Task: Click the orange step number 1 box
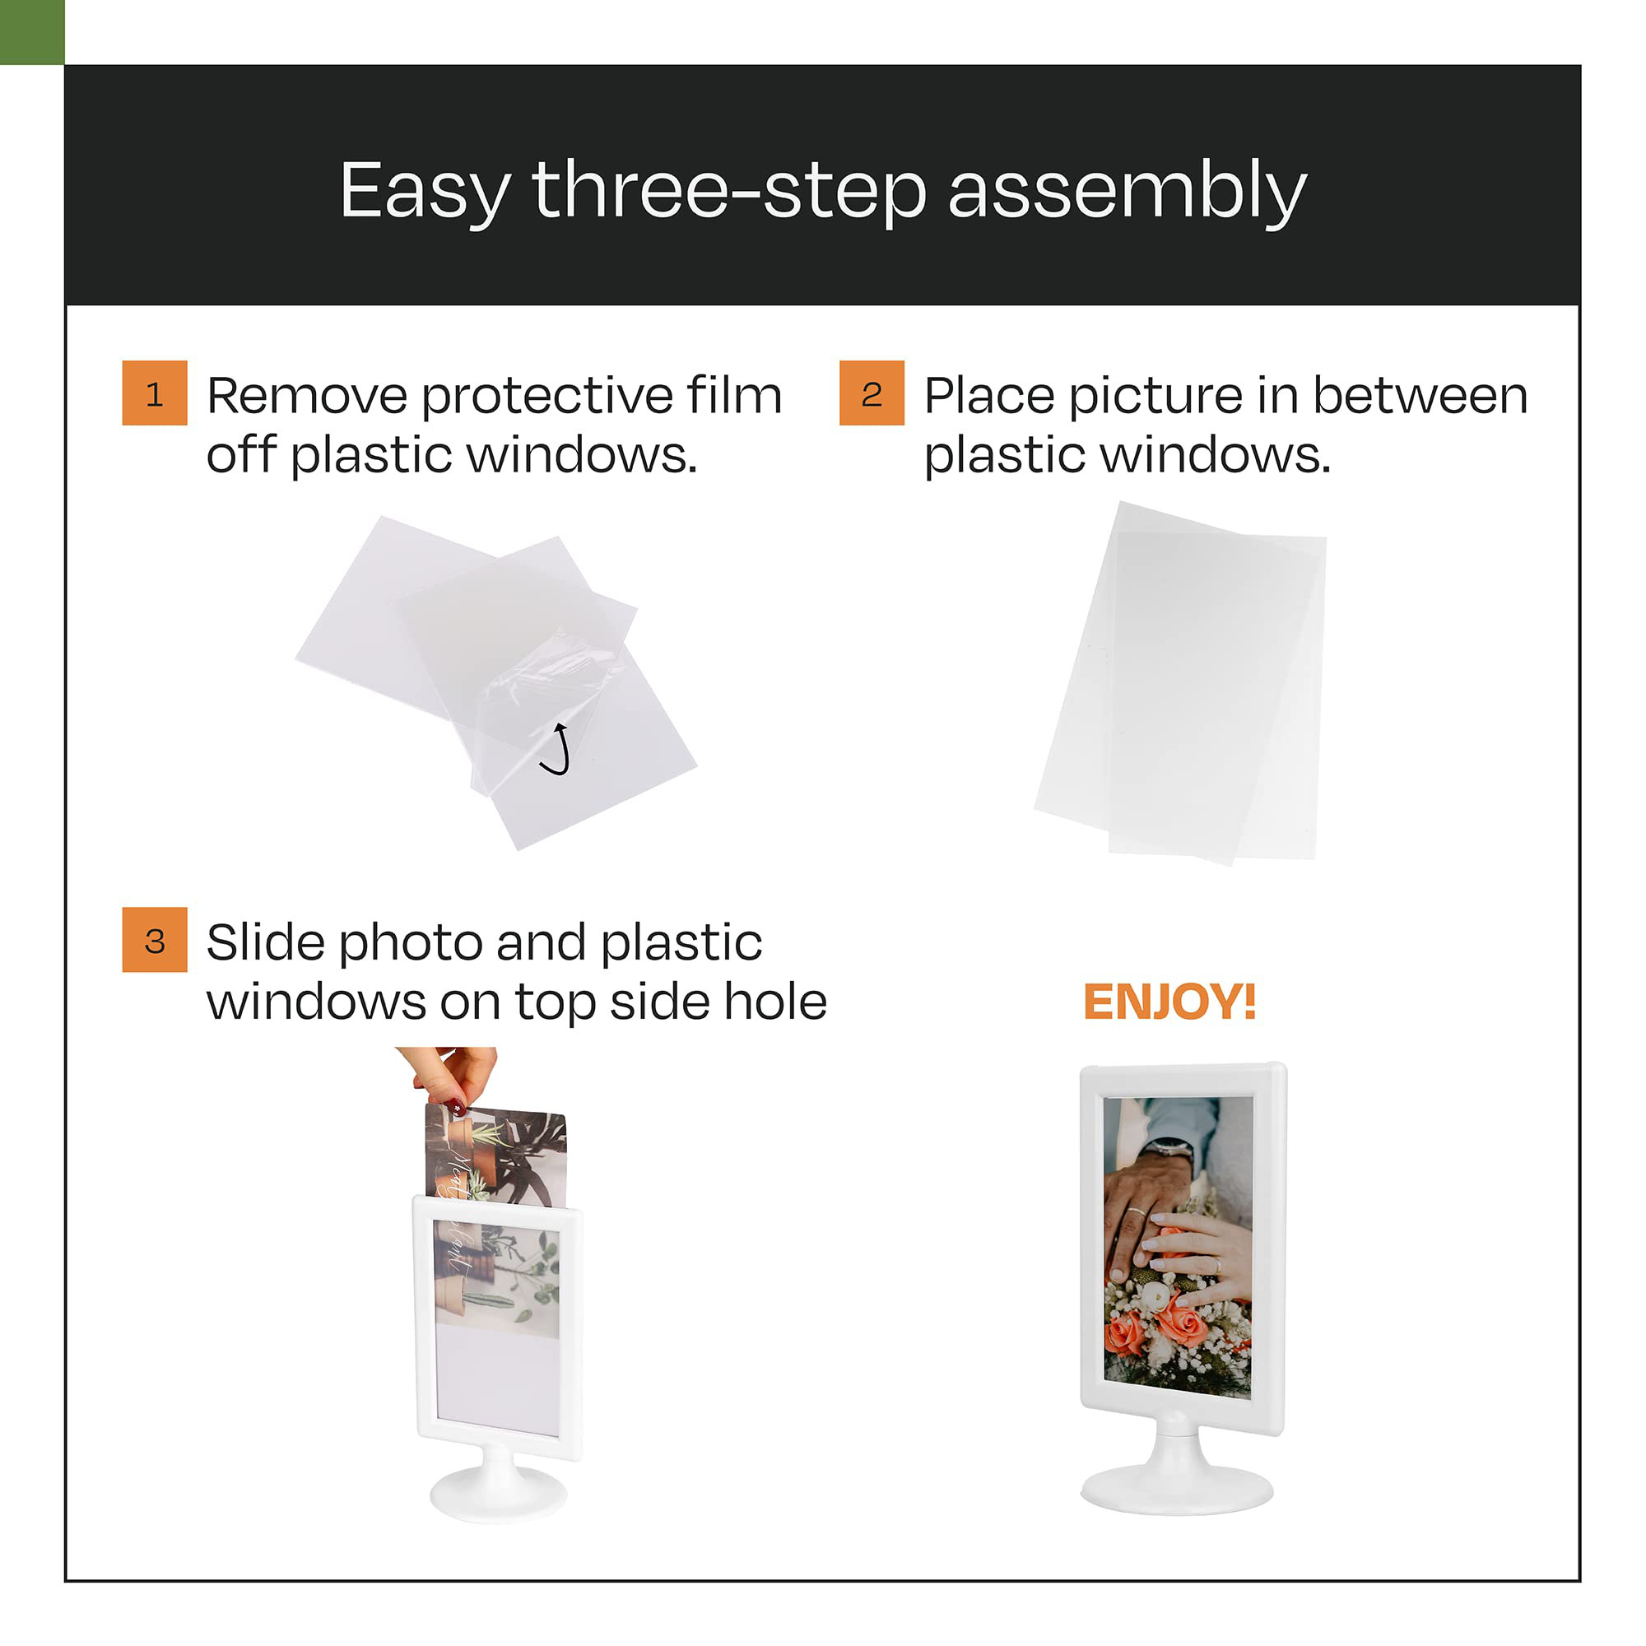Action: pyautogui.click(x=154, y=393)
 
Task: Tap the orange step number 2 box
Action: pyautogui.click(x=872, y=393)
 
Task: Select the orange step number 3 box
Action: pyautogui.click(x=154, y=940)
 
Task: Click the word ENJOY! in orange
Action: pyautogui.click(x=1169, y=1002)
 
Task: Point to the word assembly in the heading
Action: pyautogui.click(x=1127, y=192)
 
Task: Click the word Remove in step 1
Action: pyautogui.click(x=307, y=396)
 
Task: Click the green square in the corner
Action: pyautogui.click(x=31, y=31)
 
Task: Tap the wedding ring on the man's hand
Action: pyautogui.click(x=1137, y=1211)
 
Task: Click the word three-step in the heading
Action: pyautogui.click(x=729, y=192)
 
